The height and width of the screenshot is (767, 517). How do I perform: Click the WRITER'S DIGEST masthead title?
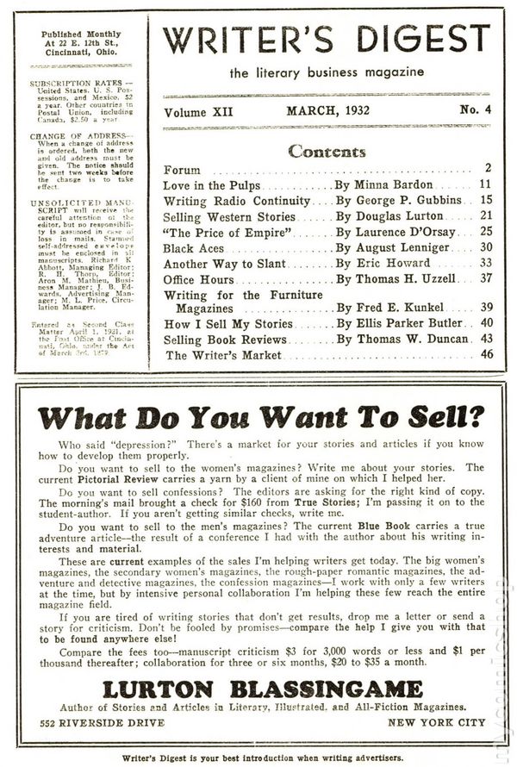tap(326, 40)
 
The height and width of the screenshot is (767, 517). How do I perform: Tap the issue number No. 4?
tap(470, 111)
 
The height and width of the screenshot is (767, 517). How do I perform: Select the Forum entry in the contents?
tap(182, 169)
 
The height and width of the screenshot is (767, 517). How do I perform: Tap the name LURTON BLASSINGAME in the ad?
tap(262, 689)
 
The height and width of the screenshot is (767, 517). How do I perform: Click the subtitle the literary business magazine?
tap(326, 72)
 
